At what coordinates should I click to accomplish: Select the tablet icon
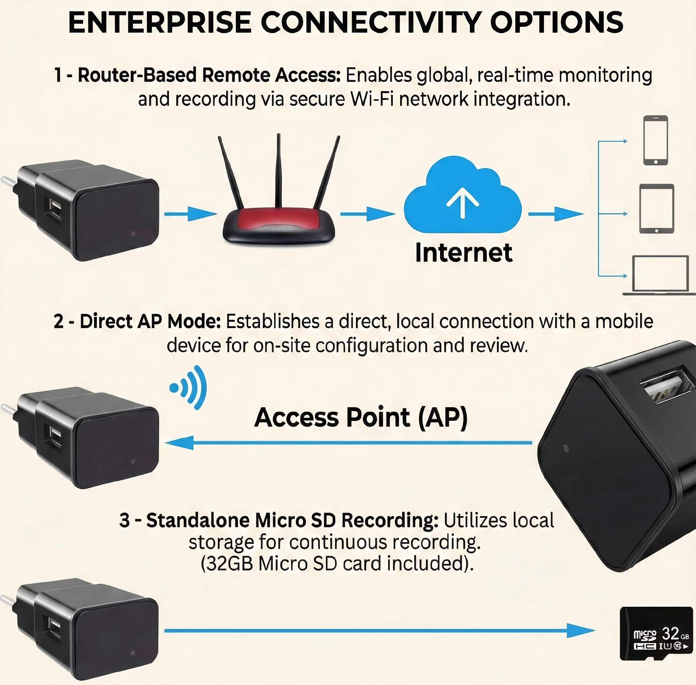pos(657,209)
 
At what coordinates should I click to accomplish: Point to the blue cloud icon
pos(462,196)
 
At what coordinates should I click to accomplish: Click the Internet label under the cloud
pos(463,253)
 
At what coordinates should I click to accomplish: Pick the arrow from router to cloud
pos(367,214)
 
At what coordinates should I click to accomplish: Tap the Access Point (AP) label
pos(361,417)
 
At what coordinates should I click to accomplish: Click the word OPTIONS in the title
pos(556,23)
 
